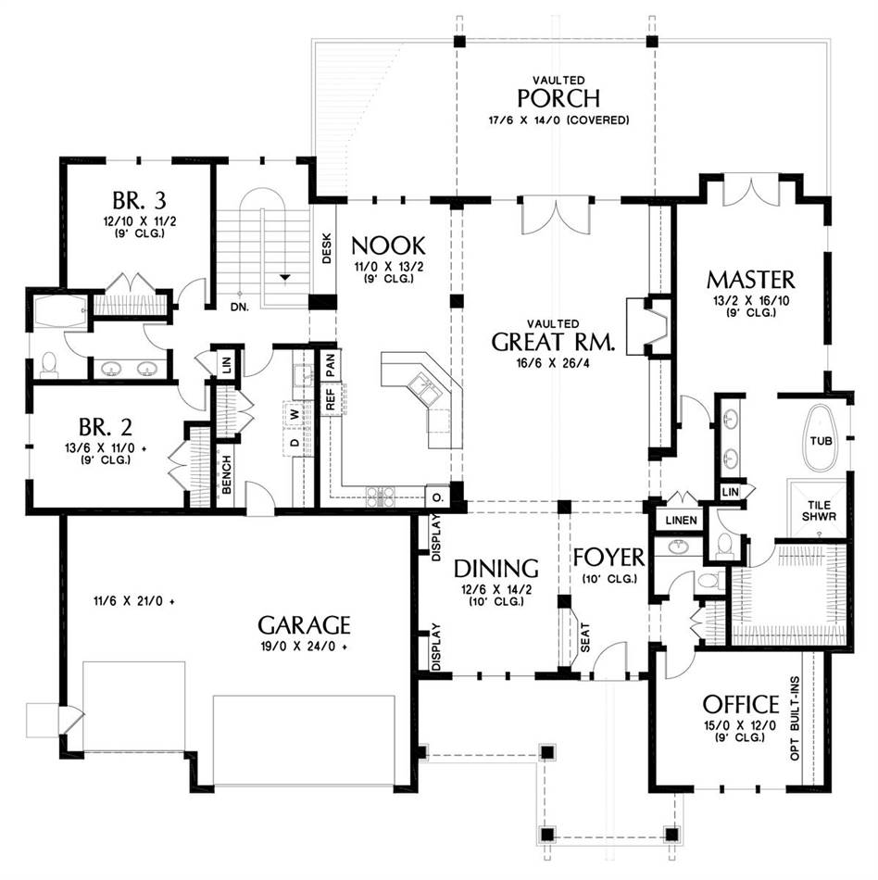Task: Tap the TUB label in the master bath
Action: [821, 441]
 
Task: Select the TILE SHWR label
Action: [819, 510]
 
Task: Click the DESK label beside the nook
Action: [327, 248]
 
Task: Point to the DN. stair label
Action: [240, 307]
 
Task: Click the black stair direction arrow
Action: [285, 277]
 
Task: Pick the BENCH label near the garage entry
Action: [227, 475]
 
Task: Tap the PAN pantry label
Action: [330, 365]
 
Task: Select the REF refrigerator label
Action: [330, 399]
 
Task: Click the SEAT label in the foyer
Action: [585, 637]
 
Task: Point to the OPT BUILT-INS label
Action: [795, 719]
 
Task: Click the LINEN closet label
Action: [682, 521]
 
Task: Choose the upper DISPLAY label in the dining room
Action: [436, 537]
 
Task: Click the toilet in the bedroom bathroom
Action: [49, 365]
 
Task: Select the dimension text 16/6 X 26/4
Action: [553, 363]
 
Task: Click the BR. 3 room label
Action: [139, 200]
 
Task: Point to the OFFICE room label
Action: [741, 704]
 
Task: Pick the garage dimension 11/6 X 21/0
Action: [133, 601]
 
